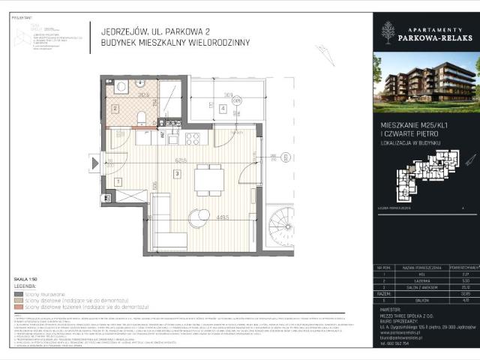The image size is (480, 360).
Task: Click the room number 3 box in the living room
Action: point(176,175)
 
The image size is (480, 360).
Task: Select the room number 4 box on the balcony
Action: point(223,108)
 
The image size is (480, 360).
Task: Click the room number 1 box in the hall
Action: point(118,181)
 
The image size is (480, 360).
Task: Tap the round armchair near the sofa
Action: point(199,217)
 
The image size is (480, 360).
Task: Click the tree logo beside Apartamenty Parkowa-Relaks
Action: point(387,31)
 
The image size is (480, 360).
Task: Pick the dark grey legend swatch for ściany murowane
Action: point(18,293)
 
